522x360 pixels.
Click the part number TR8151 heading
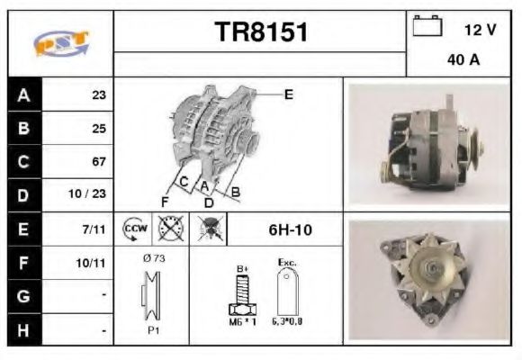click(261, 32)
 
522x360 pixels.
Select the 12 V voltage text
click(480, 30)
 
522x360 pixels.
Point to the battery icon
click(427, 27)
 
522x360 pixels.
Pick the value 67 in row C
click(99, 162)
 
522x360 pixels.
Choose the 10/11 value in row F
click(94, 264)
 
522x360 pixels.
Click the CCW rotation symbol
click(134, 229)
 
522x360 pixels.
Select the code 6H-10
click(290, 230)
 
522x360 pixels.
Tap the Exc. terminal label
click(288, 263)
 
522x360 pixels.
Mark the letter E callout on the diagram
click(288, 93)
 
